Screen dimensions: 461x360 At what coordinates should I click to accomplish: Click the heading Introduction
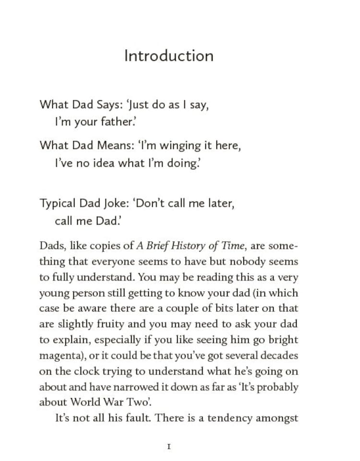coord(168,56)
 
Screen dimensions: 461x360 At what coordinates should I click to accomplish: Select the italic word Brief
coord(160,246)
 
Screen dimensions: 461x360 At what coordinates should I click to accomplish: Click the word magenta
coord(59,356)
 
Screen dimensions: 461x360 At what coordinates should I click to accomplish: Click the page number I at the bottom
coord(168,447)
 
